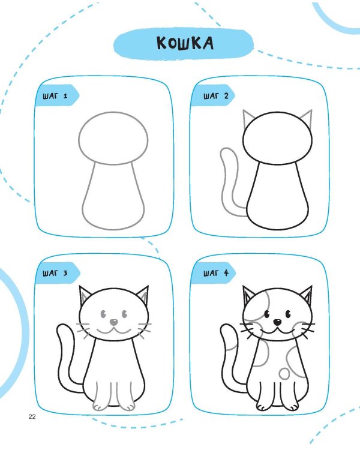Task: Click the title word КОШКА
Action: [185, 44]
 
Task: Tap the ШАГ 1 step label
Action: [55, 96]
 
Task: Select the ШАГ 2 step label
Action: [216, 96]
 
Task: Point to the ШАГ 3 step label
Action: [55, 273]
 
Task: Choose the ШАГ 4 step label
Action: [216, 273]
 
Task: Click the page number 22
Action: [32, 417]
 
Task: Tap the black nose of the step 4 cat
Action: [277, 322]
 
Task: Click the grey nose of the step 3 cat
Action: [114, 322]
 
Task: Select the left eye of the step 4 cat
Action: [267, 314]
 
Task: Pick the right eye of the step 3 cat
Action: [125, 314]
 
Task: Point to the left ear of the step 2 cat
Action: [248, 118]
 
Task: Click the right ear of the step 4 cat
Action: [307, 295]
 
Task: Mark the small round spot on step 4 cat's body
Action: [284, 373]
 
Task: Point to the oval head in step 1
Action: [113, 139]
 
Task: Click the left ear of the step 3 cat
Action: [85, 295]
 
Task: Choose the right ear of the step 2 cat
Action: [307, 118]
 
